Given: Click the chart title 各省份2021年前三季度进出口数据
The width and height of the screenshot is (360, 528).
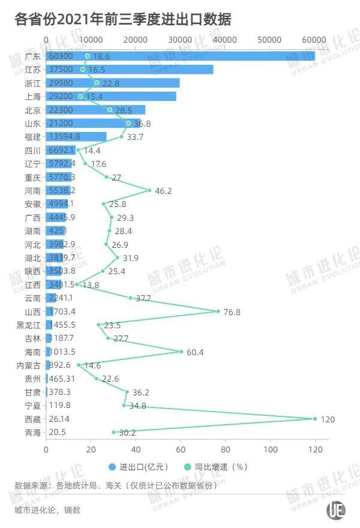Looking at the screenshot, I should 122,19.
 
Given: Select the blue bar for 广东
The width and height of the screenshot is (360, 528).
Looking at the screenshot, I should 180,56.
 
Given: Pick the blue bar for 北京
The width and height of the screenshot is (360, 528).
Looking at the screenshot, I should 96,110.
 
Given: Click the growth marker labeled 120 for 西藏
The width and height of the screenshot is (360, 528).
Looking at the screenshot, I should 315,419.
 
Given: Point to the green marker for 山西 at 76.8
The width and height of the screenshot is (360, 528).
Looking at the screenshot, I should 218,311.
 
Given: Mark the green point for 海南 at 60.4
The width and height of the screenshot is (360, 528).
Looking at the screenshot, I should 181,352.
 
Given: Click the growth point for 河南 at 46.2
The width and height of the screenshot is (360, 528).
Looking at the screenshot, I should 149,190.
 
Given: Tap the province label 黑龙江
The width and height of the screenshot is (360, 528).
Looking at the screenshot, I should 29,325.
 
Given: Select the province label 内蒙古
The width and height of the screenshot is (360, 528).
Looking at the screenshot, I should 29,365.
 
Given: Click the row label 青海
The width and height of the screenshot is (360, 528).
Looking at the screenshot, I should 33,433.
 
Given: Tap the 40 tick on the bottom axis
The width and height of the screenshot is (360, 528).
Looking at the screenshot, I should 136,449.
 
